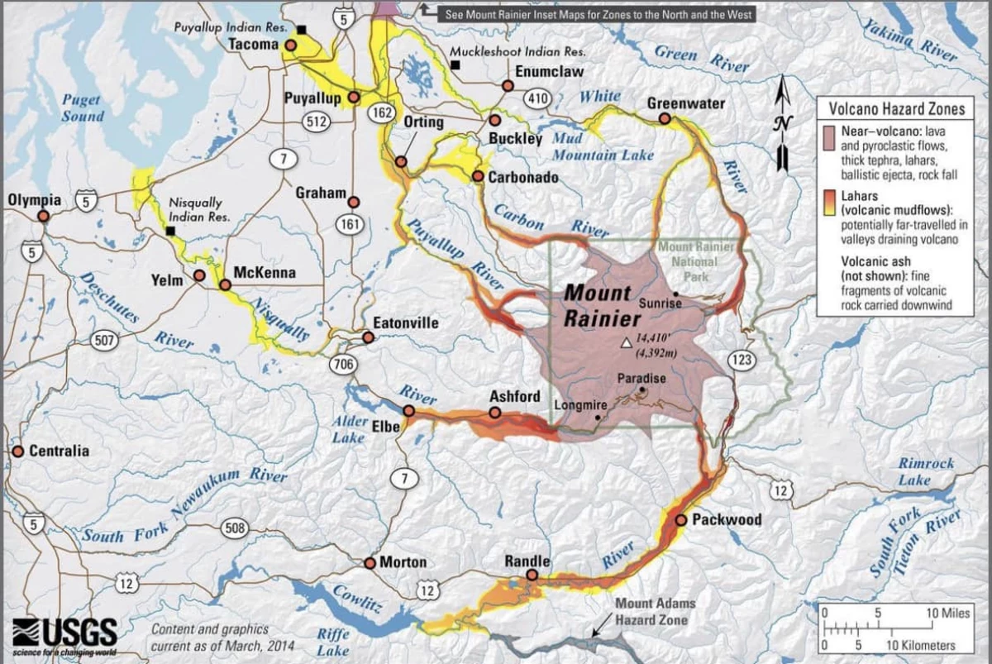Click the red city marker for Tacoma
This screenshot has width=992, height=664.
click(290, 45)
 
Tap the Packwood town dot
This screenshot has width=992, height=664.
click(680, 520)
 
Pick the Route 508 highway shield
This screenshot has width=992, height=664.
click(236, 528)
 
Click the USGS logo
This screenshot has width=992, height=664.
click(65, 633)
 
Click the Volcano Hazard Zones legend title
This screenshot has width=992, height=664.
click(902, 108)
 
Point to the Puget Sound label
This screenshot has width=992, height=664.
click(83, 108)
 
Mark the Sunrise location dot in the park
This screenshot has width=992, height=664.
click(676, 294)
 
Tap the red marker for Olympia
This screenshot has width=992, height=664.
click(42, 216)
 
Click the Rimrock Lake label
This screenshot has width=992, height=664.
click(926, 471)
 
